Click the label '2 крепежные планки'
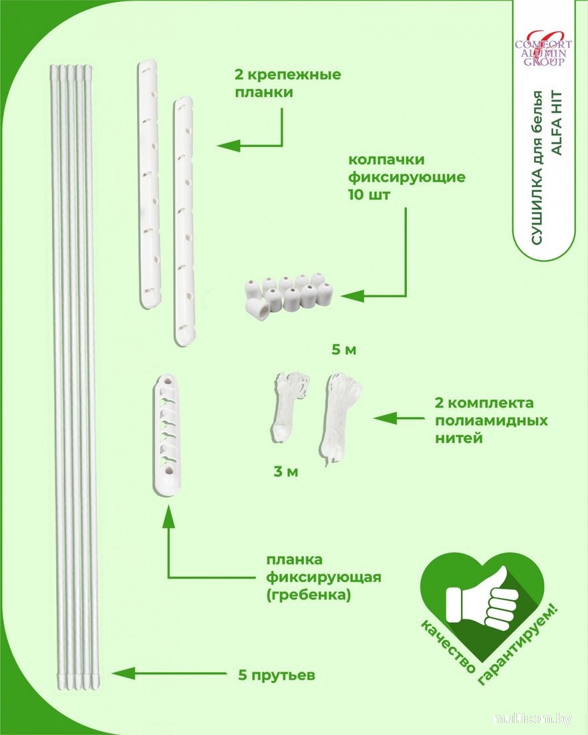(x=287, y=83)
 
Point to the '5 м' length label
(x=345, y=349)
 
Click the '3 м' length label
(x=285, y=472)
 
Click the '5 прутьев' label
(x=276, y=675)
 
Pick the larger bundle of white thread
(x=340, y=418)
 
